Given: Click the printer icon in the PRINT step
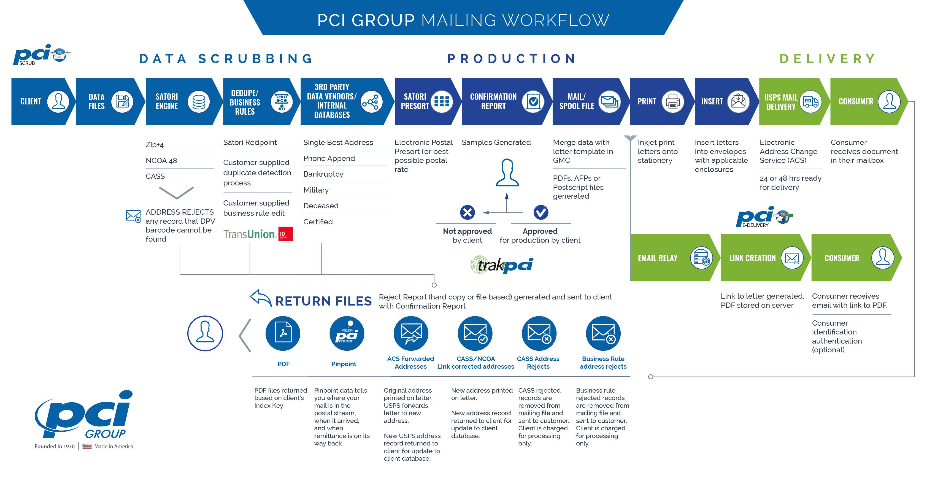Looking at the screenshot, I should coord(672,102).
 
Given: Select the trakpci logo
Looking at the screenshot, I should coord(502,265).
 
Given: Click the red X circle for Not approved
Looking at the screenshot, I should coord(467,212).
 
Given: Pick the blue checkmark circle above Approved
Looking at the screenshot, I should coord(540,212).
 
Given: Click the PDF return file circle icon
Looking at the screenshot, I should coord(283,333).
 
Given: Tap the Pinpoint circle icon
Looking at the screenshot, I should coord(347,333).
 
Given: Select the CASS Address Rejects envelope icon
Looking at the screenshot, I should coord(539,333).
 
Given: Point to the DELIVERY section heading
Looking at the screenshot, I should coord(827,59).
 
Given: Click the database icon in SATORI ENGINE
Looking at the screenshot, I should coord(199,102).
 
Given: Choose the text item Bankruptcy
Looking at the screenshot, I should coord(323,174).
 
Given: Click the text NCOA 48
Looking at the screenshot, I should coord(161,161).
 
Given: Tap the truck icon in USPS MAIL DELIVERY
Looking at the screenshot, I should coord(810,102).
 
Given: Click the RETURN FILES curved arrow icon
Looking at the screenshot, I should coord(261,298).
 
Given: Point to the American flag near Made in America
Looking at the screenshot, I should coord(87,446).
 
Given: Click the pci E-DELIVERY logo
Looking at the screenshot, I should coord(764,217).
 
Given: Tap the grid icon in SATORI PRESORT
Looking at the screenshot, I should coord(442,102).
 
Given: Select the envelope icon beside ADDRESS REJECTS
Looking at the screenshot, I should coord(133,216).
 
